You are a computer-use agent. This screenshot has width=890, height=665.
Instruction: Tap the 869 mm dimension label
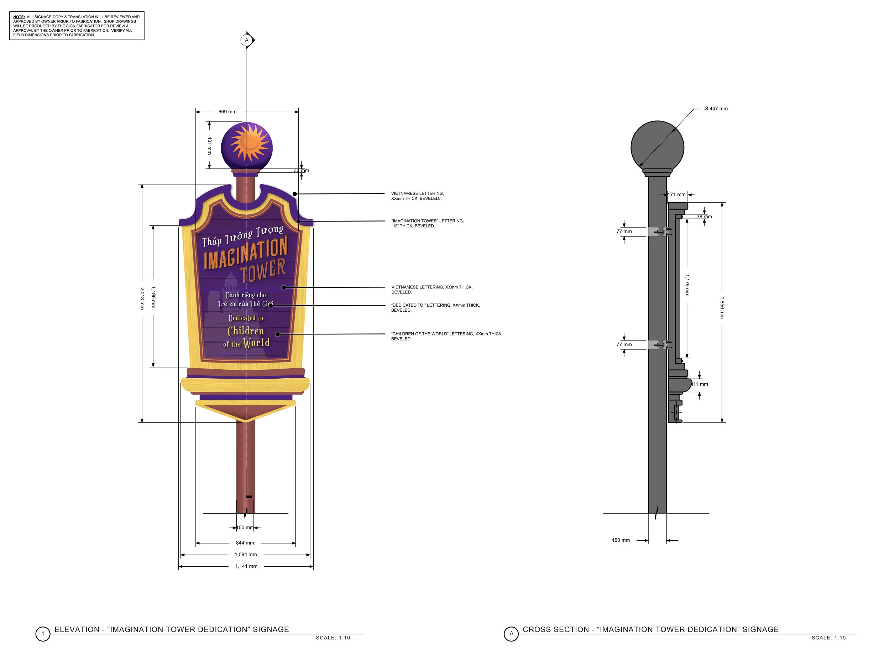[x=227, y=112]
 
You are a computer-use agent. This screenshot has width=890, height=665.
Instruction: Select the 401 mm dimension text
[x=209, y=145]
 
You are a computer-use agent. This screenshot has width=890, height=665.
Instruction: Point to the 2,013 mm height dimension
[x=142, y=298]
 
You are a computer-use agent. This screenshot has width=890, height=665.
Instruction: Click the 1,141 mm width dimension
[x=246, y=566]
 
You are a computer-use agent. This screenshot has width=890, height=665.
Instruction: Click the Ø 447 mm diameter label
[x=716, y=109]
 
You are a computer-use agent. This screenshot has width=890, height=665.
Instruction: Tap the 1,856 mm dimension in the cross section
[x=722, y=308]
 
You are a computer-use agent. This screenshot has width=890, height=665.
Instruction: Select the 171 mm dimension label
[x=677, y=195]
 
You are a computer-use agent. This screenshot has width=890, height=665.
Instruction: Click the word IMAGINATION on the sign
[x=245, y=253]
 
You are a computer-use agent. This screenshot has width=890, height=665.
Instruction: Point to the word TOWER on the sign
[x=263, y=271]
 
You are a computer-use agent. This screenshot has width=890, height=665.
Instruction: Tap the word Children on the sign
[x=246, y=331]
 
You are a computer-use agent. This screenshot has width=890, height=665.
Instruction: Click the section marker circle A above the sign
[x=247, y=40]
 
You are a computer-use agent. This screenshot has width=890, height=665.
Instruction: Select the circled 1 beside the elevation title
[x=43, y=634]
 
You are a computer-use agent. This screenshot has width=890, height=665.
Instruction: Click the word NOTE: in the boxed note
[x=19, y=17]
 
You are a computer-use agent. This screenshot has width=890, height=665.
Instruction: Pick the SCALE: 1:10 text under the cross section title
[x=828, y=638]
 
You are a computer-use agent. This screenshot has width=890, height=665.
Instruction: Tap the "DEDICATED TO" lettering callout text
[x=435, y=307]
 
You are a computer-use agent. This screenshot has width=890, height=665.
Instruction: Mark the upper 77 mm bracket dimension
[x=624, y=232]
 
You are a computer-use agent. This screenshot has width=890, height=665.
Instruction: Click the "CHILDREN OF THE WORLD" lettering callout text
[x=447, y=336]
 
